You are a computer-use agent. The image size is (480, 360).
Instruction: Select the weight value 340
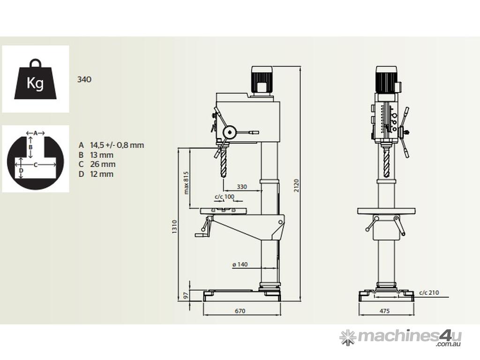point(84,80)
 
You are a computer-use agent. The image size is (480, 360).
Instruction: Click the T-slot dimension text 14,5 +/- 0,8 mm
point(117,145)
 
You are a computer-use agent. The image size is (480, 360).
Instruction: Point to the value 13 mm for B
point(102,155)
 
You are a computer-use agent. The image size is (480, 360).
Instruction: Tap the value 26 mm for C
point(103,165)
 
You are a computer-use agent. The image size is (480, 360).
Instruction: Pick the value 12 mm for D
point(102,174)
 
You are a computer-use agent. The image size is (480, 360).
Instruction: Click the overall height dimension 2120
point(296,185)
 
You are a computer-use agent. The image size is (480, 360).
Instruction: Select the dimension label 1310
point(174,227)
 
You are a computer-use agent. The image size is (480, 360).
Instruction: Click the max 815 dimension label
point(186,182)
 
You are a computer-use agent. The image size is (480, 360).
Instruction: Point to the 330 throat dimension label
point(242,187)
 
